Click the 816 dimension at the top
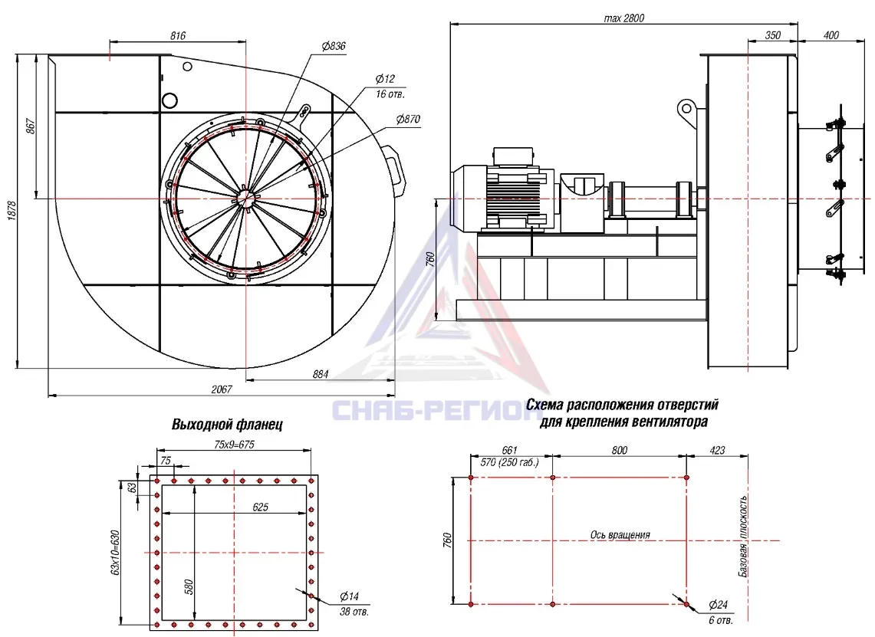click(177, 36)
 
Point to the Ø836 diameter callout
click(334, 46)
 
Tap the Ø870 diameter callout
click(408, 120)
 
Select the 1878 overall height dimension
click(12, 211)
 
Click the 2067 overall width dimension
click(222, 389)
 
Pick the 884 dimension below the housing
click(321, 374)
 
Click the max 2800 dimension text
click(624, 18)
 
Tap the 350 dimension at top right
click(772, 35)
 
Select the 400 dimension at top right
click(831, 35)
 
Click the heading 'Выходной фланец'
click(226, 425)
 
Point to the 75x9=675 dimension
click(235, 445)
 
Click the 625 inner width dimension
click(261, 507)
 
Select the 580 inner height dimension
click(189, 587)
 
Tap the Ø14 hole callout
click(350, 597)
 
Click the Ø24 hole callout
click(719, 605)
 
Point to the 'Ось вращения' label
click(620, 535)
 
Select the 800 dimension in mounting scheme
click(620, 450)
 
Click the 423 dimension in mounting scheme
click(717, 450)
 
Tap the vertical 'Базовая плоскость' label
click(743, 536)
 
